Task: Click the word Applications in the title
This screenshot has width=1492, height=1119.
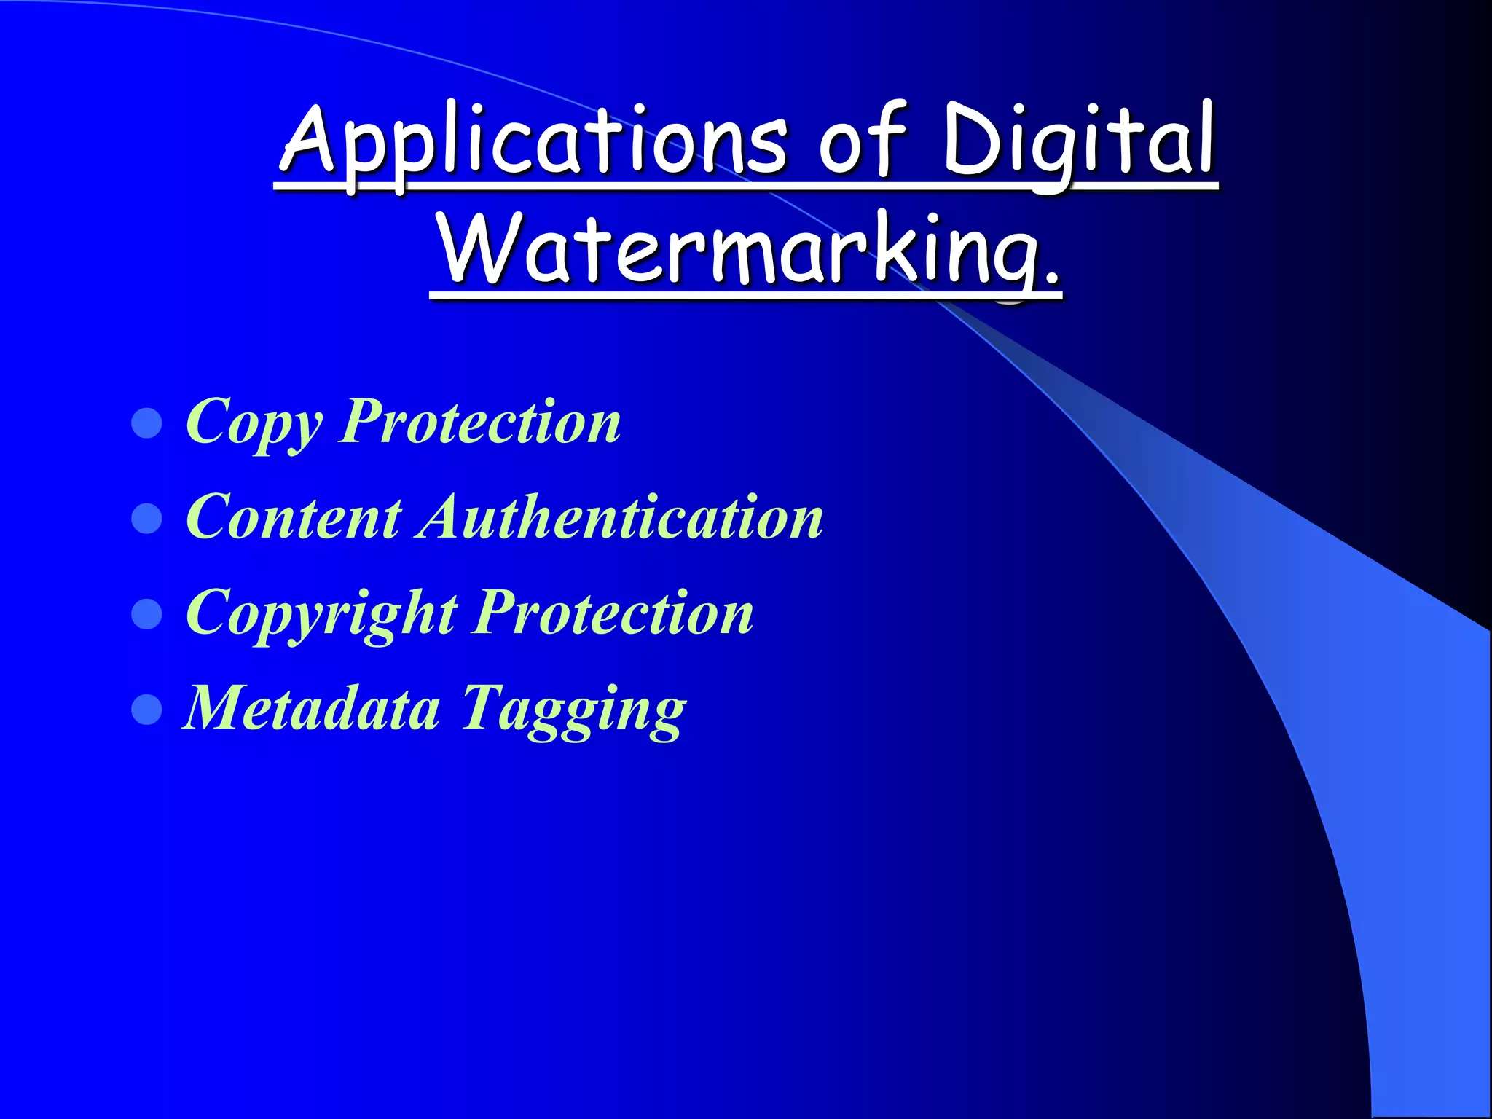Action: [534, 142]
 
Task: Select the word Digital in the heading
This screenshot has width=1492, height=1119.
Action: [1079, 142]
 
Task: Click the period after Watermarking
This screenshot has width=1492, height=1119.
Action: [1050, 277]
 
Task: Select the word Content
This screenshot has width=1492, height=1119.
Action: [294, 517]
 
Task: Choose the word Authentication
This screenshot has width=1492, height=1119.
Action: [621, 517]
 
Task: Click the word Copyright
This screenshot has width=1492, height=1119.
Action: [321, 614]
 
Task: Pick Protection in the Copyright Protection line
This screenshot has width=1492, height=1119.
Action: [614, 613]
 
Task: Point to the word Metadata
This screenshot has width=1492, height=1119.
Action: [312, 707]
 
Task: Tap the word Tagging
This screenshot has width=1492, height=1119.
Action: [573, 710]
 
